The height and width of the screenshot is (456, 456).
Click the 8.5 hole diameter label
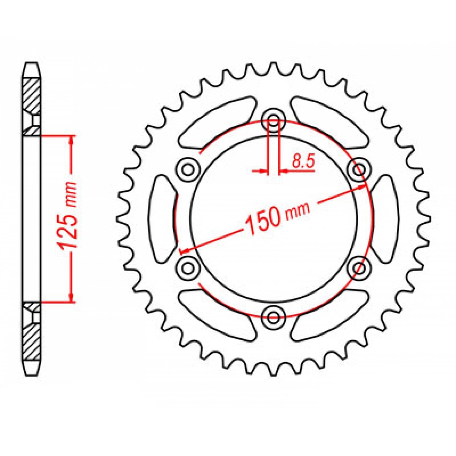coord(303,163)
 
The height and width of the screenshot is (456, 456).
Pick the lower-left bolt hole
coord(188,267)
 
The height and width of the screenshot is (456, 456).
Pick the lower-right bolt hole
coord(359,267)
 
